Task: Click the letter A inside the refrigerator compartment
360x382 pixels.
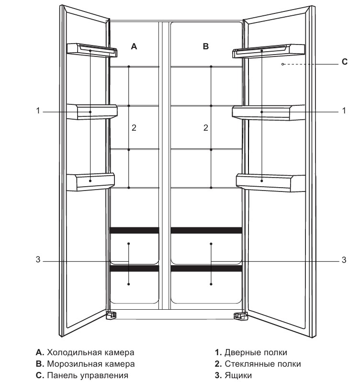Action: click(x=134, y=46)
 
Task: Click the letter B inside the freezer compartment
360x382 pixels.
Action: click(x=206, y=46)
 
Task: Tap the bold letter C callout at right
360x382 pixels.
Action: click(x=345, y=61)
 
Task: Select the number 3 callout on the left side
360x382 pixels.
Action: click(x=37, y=261)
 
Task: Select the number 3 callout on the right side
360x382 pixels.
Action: click(x=344, y=261)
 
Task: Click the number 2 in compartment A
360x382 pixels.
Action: click(x=134, y=128)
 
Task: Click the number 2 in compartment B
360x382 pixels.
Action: click(x=206, y=128)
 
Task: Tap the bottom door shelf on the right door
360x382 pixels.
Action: click(x=270, y=181)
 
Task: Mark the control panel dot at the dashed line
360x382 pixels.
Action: click(x=283, y=64)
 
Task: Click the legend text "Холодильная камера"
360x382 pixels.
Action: click(x=90, y=353)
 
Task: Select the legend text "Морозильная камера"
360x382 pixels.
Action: click(x=91, y=364)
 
